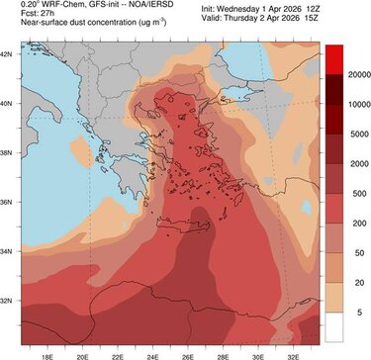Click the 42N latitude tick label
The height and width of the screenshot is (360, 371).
coord(8,53)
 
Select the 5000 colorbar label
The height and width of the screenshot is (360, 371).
coord(351,131)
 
